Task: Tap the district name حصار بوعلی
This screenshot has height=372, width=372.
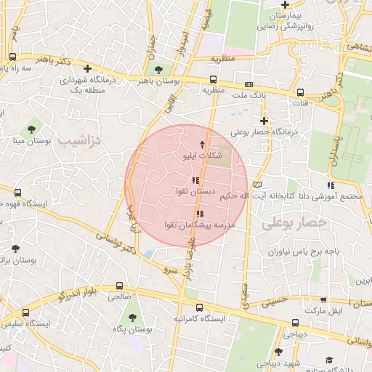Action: [289, 225]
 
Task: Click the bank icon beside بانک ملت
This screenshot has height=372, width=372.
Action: [248, 84]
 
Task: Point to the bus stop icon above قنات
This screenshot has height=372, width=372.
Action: [301, 92]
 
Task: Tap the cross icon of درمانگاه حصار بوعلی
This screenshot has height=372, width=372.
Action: [264, 121]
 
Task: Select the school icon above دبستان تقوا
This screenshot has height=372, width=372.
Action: [195, 179]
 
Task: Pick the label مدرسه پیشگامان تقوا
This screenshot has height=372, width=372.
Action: [200, 225]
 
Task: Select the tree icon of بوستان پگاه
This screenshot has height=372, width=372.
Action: [132, 318]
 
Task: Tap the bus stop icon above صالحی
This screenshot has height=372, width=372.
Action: [119, 286]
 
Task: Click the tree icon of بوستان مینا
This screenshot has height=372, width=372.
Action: [31, 129]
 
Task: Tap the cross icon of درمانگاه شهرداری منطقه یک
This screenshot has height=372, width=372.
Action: [88, 69]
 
